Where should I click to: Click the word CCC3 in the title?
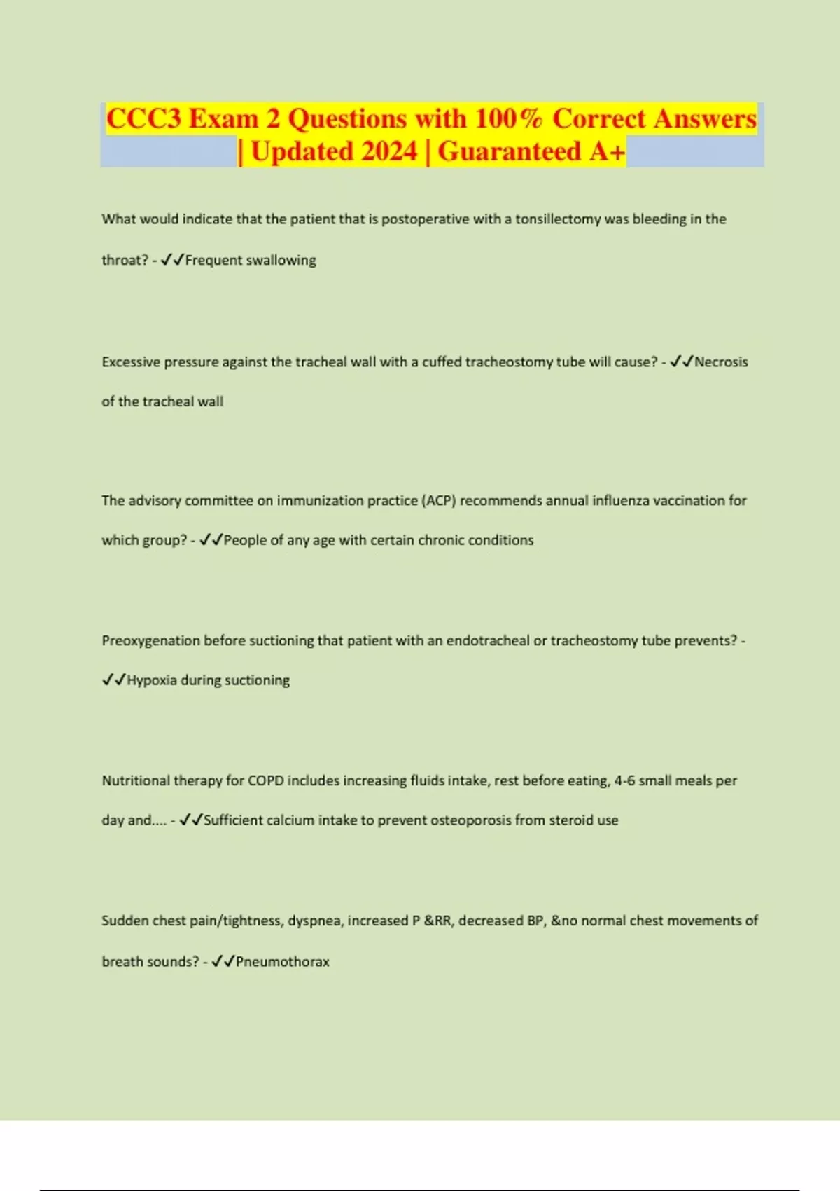[144, 118]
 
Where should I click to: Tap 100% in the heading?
[508, 118]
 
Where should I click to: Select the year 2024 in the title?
[385, 151]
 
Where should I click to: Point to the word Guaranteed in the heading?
[510, 151]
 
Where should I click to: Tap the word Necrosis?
[721, 362]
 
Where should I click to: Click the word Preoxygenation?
[150, 641]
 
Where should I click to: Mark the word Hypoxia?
[152, 680]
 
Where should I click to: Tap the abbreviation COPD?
[265, 781]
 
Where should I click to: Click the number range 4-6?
[624, 781]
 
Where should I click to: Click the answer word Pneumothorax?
[282, 962]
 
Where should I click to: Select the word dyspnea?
[314, 921]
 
